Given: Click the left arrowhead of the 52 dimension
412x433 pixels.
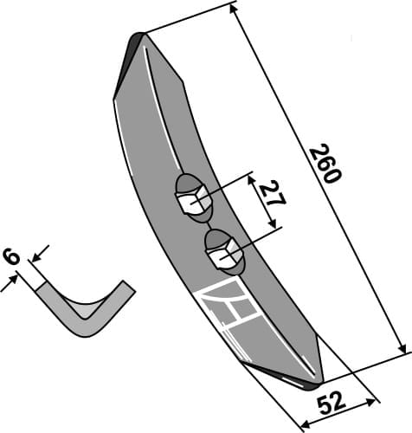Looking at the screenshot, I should tap(303, 424).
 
